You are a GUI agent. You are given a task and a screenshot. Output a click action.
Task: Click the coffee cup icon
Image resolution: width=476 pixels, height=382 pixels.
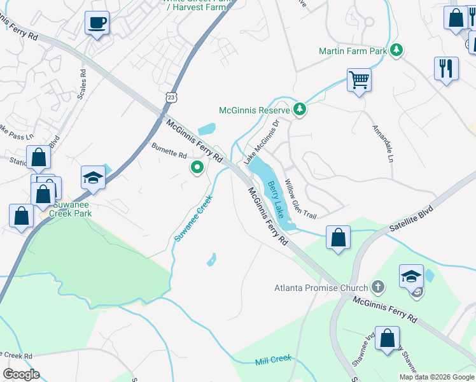(97, 23)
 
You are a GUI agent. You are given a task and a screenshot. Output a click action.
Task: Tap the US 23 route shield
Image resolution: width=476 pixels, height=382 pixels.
(173, 97)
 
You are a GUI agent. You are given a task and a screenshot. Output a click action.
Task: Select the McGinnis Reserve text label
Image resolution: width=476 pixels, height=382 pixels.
(254, 110)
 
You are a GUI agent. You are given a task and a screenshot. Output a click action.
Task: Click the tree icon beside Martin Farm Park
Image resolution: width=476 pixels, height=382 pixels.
(397, 50)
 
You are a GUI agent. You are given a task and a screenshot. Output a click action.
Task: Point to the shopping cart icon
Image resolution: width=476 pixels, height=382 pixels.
(359, 80)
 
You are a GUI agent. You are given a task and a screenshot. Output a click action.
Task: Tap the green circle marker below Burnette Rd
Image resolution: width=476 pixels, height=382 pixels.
(197, 168)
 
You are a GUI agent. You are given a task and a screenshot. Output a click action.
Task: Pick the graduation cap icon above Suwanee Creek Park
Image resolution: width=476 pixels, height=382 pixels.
(93, 178)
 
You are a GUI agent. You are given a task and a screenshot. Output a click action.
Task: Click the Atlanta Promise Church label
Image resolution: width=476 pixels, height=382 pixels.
(321, 288)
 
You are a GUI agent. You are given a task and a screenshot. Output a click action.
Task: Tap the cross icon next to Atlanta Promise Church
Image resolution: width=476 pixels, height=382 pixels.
(378, 287)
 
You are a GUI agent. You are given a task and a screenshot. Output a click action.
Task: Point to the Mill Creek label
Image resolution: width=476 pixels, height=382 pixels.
(273, 360)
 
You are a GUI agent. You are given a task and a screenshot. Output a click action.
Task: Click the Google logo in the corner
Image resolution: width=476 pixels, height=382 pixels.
(21, 374)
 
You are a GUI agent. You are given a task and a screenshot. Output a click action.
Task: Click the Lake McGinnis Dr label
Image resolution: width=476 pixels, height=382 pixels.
(262, 140)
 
